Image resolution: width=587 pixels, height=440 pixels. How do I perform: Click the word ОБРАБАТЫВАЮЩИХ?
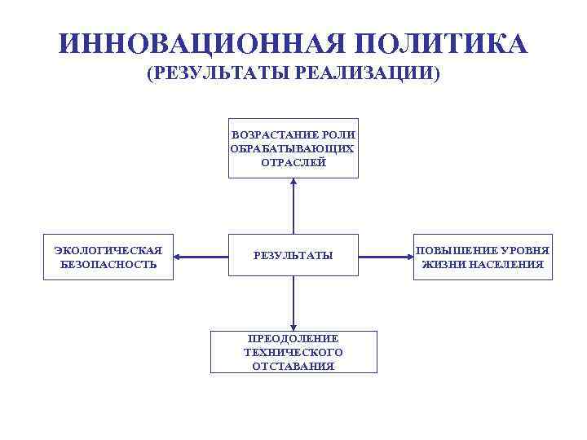[x=293, y=148]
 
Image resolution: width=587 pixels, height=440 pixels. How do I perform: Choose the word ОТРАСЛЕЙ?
[x=293, y=162]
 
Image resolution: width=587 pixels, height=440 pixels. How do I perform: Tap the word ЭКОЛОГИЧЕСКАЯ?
[x=108, y=250]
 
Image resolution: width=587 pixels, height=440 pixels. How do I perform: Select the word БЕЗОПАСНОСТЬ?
[x=108, y=265]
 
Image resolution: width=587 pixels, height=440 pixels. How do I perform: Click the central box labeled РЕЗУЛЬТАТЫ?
[x=293, y=256]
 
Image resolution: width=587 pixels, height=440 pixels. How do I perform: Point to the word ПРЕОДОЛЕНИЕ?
[x=293, y=338]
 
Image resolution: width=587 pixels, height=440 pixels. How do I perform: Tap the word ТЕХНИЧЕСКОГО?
[x=293, y=352]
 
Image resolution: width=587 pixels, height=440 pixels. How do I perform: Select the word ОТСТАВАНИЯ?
[x=293, y=367]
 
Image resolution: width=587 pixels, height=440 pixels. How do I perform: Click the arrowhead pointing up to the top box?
[x=293, y=183]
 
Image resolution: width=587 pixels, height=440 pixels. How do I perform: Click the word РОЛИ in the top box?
[x=340, y=134]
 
